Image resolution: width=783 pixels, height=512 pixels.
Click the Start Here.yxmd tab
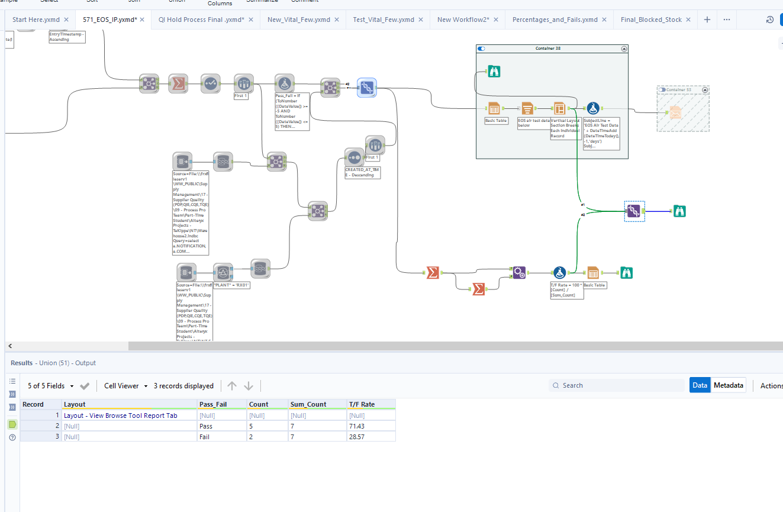coord(36,20)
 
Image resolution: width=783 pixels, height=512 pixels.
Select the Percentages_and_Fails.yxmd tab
coord(555,20)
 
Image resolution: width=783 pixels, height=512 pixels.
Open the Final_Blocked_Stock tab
coord(651,20)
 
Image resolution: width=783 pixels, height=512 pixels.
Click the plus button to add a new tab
coord(707,20)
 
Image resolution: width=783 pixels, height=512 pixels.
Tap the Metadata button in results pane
coord(728,385)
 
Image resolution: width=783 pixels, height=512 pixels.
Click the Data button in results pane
coord(700,385)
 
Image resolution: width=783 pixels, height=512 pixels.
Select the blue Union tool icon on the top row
coord(367,88)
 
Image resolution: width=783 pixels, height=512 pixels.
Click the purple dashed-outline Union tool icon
coord(634,211)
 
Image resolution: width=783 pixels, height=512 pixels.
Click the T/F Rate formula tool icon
coord(559,273)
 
